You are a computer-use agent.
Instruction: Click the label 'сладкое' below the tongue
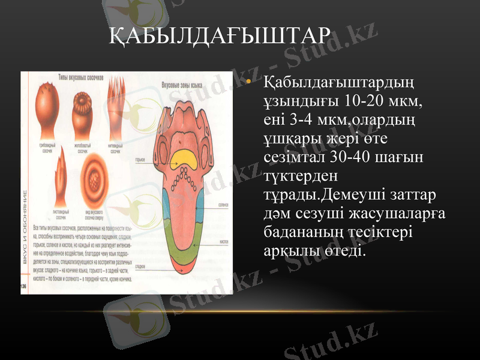click(142, 265)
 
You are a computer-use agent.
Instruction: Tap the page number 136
click(25, 286)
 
